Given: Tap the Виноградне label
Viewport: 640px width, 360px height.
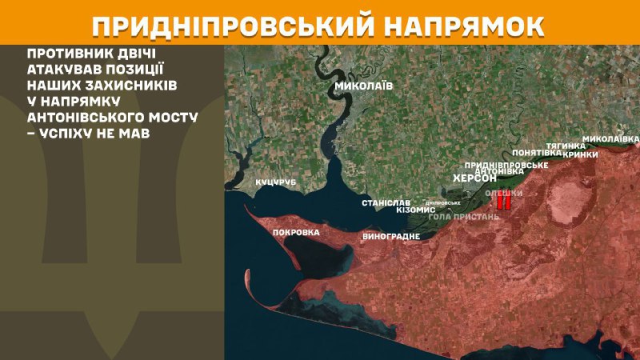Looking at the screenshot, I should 391,237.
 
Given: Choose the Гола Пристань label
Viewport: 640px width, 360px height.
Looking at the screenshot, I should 465,216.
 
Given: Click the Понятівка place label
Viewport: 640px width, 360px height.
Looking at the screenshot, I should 536,152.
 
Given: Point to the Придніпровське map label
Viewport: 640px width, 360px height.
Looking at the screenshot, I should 506,164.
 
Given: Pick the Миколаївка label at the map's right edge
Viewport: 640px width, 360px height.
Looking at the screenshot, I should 610,138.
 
